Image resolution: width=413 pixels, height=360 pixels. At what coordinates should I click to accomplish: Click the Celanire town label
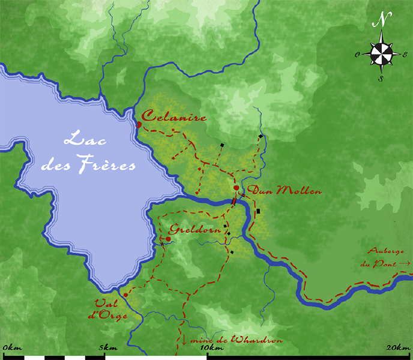[174, 117]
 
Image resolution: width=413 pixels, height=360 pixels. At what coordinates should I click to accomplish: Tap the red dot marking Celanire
[139, 125]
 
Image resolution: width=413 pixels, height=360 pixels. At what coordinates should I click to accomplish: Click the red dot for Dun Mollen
[237, 188]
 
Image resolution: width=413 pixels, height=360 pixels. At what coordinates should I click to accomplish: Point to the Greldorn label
[191, 229]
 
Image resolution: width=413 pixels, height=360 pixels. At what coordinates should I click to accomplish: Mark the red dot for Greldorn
[168, 239]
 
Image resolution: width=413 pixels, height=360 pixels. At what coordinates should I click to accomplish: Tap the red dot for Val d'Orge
[125, 295]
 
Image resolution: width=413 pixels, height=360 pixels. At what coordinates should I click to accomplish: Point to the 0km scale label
[12, 348]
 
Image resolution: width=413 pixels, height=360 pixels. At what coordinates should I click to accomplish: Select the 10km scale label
[208, 348]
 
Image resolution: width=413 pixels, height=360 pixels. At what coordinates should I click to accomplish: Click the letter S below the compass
[381, 79]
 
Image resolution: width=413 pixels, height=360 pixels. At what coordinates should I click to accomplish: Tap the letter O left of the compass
[357, 54]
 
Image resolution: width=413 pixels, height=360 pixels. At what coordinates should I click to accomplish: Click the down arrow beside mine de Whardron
[184, 340]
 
